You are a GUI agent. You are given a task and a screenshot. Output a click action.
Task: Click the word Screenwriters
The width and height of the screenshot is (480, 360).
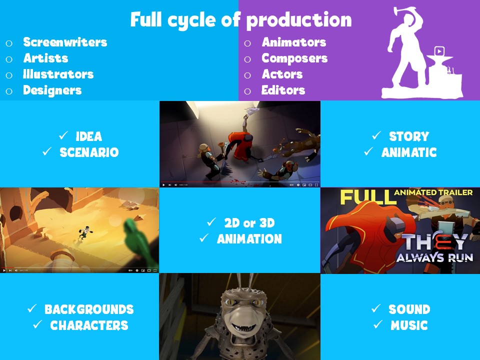point(65,42)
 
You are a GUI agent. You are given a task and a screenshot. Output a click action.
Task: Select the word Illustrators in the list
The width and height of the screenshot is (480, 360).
point(58,74)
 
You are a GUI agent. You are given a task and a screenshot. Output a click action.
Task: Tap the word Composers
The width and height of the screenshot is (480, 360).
point(294,58)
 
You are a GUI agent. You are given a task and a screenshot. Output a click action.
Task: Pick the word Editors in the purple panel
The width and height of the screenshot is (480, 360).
point(283,90)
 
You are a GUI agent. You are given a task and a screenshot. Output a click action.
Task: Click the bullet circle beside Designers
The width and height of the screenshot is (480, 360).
point(9,91)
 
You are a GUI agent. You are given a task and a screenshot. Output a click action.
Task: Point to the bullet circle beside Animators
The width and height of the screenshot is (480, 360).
point(247,43)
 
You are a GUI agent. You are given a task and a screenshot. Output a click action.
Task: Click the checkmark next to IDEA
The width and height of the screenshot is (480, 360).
point(63,135)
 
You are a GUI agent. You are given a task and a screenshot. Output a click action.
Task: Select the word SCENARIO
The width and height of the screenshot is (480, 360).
point(89,152)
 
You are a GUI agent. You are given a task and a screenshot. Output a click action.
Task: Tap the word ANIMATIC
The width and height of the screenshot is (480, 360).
point(409,152)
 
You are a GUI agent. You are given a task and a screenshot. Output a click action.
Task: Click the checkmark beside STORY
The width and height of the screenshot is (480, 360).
point(376,135)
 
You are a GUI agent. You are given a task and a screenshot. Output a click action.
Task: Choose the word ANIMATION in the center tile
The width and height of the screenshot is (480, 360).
point(249,239)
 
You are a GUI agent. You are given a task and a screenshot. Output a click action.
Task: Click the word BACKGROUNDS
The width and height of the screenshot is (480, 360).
point(89,309)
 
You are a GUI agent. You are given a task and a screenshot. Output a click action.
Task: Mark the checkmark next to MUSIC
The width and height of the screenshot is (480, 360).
point(378,324)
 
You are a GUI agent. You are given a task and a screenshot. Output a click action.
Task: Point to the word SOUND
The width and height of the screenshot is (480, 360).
point(409,309)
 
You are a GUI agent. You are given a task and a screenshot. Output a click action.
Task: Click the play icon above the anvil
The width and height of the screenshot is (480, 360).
point(439,51)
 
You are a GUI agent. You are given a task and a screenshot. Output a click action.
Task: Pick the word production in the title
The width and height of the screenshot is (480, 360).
point(299,20)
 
